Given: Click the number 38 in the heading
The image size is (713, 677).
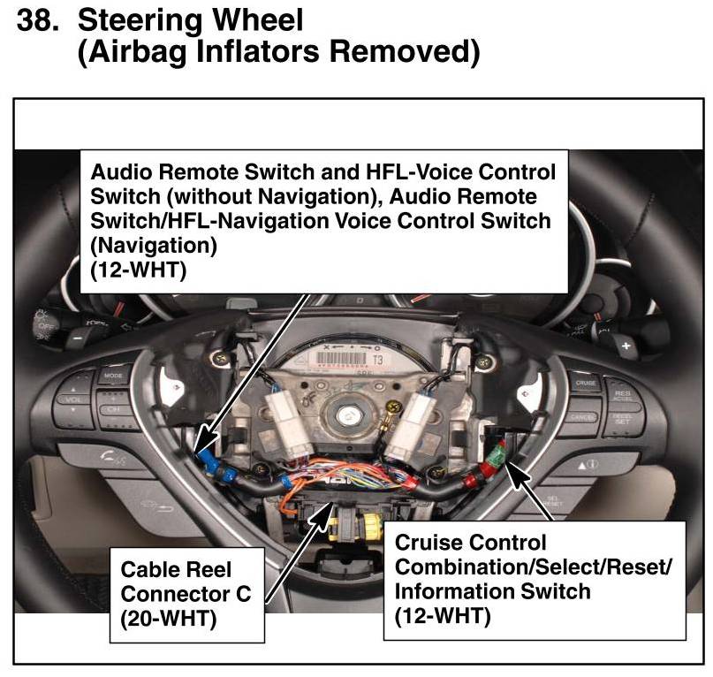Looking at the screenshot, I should (36, 19).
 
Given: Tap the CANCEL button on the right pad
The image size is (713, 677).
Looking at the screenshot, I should (582, 415).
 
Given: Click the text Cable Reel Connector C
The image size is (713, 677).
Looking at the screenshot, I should (183, 581).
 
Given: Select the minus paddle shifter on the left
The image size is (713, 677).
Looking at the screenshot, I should (77, 338).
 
